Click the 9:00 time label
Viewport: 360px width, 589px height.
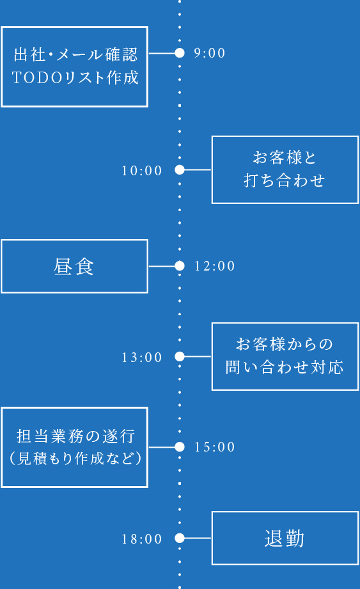click(x=210, y=53)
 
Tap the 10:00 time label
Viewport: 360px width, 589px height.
click(x=142, y=171)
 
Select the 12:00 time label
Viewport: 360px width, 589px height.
click(x=215, y=266)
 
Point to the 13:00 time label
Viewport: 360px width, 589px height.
click(x=142, y=357)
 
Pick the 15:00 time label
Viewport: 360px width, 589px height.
click(x=215, y=447)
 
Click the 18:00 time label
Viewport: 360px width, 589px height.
click(x=142, y=539)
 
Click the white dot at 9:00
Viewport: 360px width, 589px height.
click(x=180, y=53)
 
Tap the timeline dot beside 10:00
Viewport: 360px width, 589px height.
click(x=180, y=170)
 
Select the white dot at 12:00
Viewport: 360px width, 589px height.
click(x=180, y=266)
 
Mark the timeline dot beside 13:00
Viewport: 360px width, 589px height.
click(x=180, y=357)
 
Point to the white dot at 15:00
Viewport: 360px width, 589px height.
click(x=180, y=447)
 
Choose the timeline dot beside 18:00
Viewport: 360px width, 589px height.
click(x=180, y=538)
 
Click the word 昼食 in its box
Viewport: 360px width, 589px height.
click(x=74, y=267)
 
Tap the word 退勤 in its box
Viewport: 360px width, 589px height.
click(x=285, y=538)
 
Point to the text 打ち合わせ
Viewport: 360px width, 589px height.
click(x=285, y=181)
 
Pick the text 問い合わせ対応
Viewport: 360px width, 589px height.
click(x=285, y=367)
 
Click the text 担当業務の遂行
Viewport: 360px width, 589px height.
click(x=75, y=437)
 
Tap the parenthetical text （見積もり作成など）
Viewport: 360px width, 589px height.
click(x=75, y=459)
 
